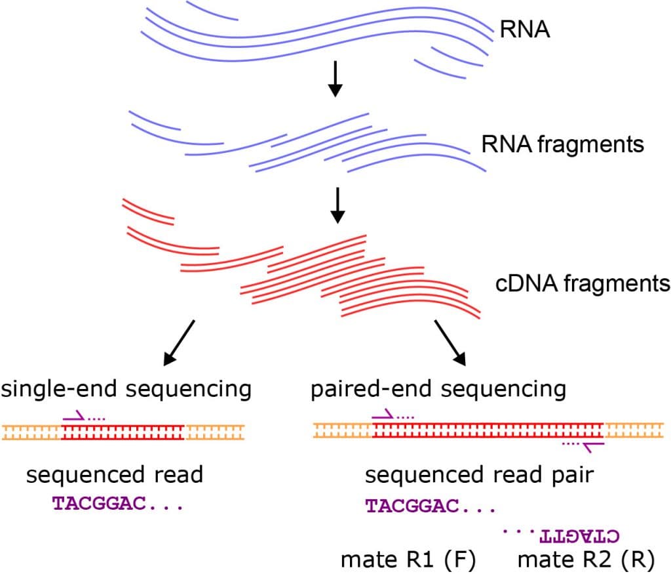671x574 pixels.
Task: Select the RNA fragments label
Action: (x=562, y=144)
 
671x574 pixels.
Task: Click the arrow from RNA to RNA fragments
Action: (x=335, y=79)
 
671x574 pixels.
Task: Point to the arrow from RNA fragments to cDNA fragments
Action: (x=337, y=205)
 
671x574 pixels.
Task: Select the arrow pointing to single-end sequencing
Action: (x=178, y=342)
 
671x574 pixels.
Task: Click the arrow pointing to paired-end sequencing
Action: (x=450, y=342)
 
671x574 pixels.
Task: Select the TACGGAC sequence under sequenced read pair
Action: (x=429, y=505)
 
